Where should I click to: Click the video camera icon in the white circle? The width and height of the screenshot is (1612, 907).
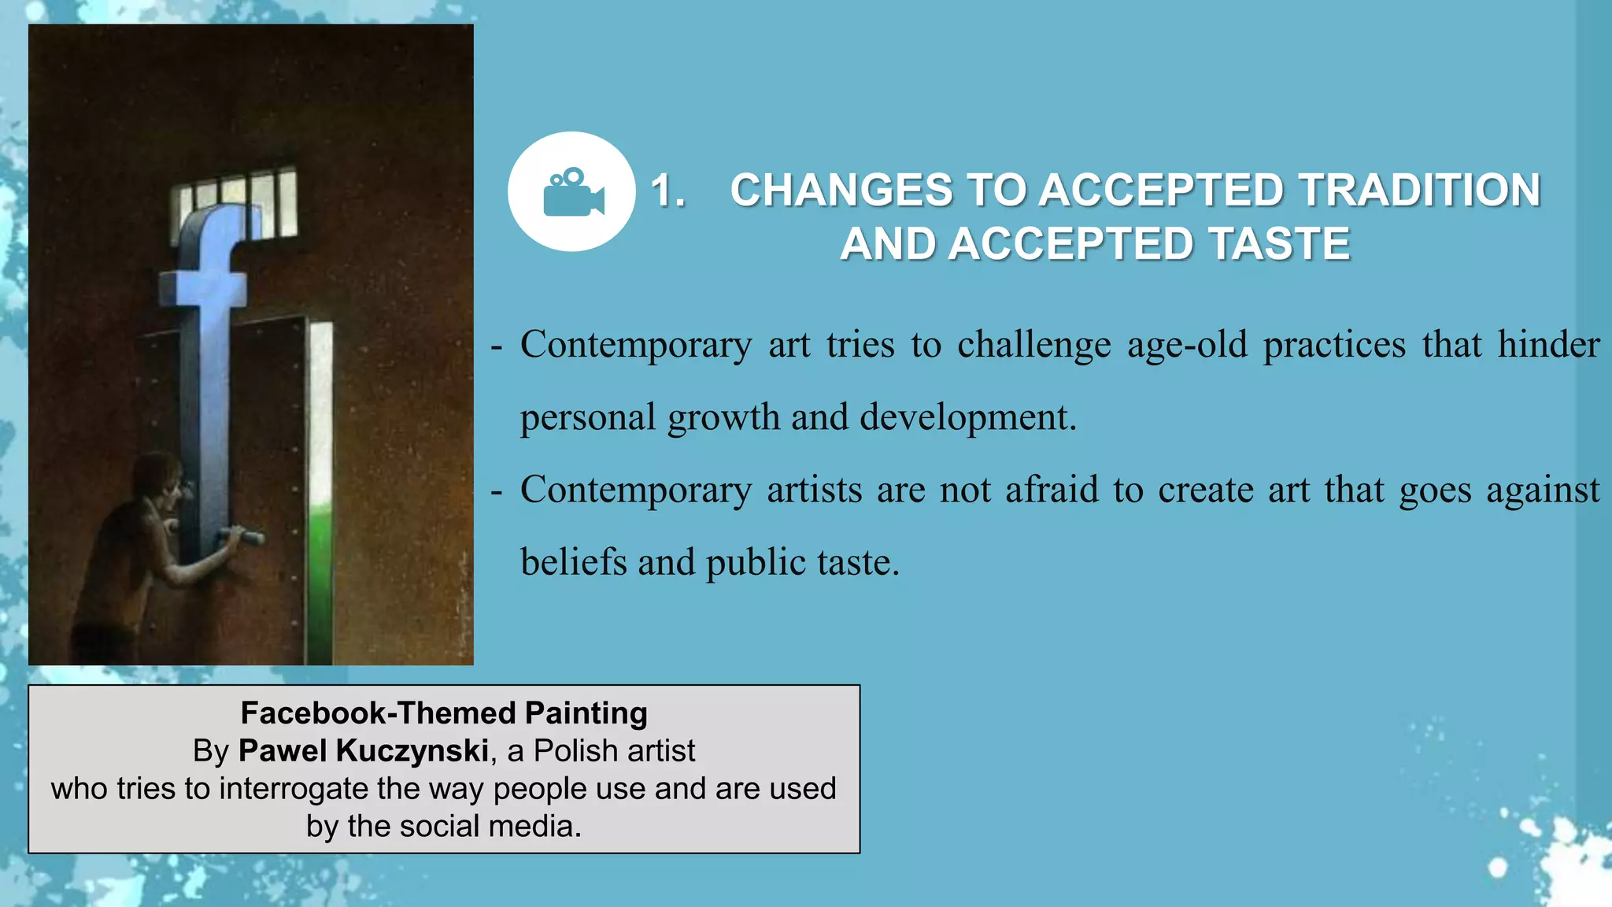point(573,192)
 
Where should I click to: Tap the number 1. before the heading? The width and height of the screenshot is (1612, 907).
point(667,191)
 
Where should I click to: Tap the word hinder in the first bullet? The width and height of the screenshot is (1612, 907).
point(1547,345)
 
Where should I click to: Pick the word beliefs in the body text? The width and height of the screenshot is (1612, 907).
point(573,562)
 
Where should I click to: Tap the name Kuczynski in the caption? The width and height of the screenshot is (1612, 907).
point(412,750)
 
